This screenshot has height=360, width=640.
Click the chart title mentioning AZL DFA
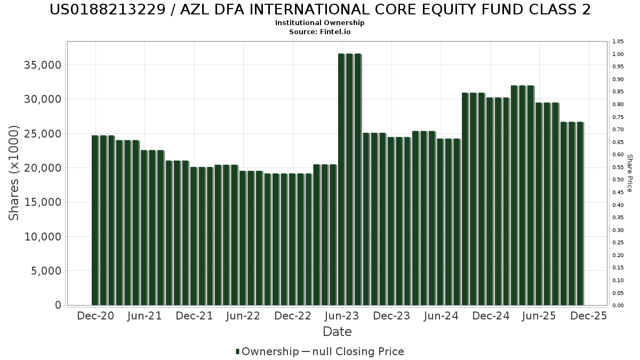320,10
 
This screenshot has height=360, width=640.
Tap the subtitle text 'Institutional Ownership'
320,23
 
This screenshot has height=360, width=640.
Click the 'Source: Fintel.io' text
320,31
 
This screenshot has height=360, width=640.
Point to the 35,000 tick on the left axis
43,65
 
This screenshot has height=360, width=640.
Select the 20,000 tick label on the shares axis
43,168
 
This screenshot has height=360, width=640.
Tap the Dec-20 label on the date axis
95,316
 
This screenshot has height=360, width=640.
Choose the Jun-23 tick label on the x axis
342,316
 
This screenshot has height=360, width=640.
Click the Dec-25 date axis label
588,316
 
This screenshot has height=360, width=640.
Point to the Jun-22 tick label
243,316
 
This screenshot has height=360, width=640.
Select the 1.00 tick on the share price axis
618,54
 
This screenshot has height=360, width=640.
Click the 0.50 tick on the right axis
618,180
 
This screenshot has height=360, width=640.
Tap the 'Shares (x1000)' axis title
14,173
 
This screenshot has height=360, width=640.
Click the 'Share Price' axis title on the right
629,173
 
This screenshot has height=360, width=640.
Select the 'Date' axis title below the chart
337,332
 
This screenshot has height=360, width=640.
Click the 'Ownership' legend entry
267,351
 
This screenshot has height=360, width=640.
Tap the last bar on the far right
580,213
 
